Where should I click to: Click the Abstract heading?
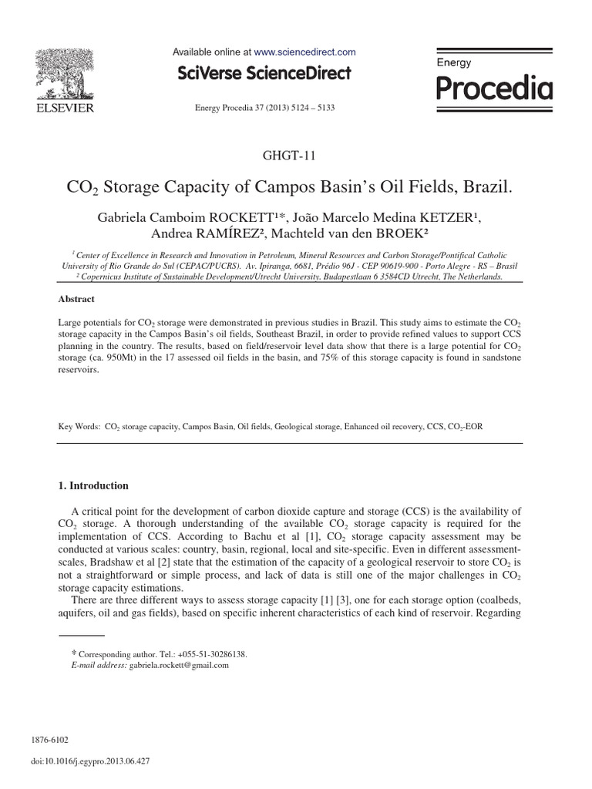click(x=77, y=299)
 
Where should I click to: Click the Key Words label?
click(x=79, y=425)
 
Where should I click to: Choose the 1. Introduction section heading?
click(x=94, y=486)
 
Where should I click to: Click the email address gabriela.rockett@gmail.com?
click(x=179, y=665)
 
